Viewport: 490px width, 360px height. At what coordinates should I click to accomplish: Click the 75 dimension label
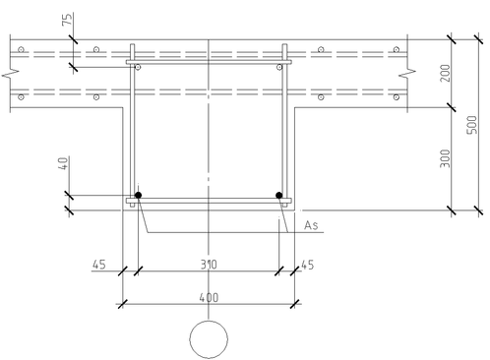(67, 20)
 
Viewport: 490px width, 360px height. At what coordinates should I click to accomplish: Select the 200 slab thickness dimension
(445, 73)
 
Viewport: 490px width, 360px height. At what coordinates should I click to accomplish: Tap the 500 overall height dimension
(472, 125)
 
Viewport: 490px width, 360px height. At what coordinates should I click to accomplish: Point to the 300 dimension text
(445, 158)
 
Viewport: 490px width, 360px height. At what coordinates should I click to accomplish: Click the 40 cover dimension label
(64, 163)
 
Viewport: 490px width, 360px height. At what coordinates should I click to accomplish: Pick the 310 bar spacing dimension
(209, 265)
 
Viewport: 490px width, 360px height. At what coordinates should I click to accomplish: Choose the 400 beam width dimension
(209, 298)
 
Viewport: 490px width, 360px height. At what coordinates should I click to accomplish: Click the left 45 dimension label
(99, 265)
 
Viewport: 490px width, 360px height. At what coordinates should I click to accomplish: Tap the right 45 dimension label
(307, 265)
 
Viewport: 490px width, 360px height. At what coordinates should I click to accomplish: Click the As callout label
(311, 225)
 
